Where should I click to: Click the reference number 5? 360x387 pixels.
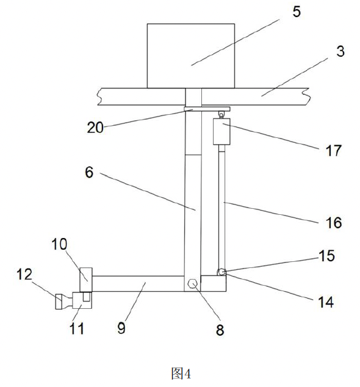click(x=297, y=12)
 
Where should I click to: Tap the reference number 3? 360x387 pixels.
click(x=340, y=51)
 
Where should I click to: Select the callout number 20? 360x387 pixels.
click(x=95, y=128)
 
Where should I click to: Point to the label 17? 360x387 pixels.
click(x=334, y=151)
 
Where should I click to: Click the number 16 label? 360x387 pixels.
click(x=334, y=223)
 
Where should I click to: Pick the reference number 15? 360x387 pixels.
click(x=326, y=256)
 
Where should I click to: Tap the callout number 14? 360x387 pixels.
click(x=326, y=302)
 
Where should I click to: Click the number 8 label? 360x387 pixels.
click(x=220, y=330)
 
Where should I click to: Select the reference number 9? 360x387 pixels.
click(x=121, y=328)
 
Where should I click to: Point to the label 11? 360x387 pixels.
click(x=77, y=328)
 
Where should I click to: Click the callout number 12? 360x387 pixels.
click(x=24, y=274)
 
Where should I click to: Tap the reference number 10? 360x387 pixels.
click(x=59, y=244)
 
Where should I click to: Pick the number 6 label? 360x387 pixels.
click(x=89, y=172)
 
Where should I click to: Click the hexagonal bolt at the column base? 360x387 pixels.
click(x=192, y=283)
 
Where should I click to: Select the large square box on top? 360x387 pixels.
click(x=191, y=56)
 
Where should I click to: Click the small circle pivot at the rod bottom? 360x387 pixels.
click(x=221, y=272)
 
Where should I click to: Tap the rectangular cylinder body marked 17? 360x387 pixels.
click(x=221, y=131)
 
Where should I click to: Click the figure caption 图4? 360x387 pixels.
click(x=181, y=374)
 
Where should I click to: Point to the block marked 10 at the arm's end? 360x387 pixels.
click(x=86, y=280)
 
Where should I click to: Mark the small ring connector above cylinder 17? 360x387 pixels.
click(x=221, y=115)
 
